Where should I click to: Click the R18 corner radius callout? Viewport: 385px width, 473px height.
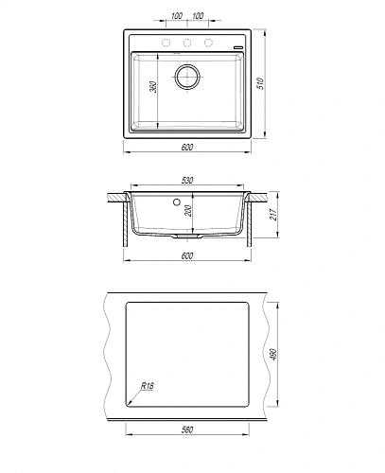(x=147, y=385)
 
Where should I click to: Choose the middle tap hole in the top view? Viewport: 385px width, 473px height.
(x=187, y=44)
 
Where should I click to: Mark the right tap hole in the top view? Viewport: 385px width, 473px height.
(x=210, y=44)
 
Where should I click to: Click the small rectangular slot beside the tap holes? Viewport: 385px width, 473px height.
(x=236, y=44)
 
